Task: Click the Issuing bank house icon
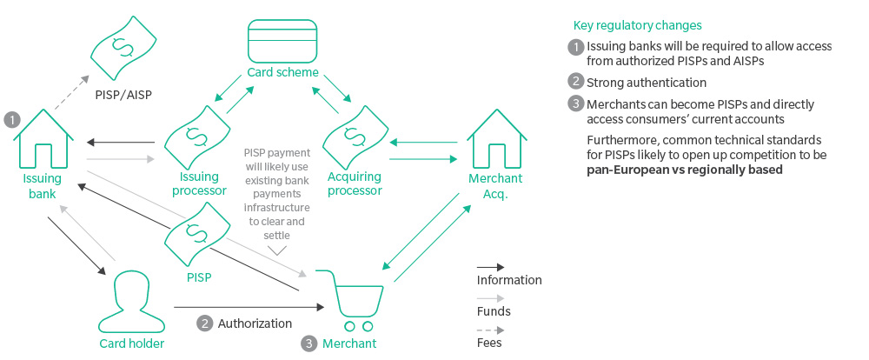point(41,139)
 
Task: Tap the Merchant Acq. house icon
point(497,138)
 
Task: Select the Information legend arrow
point(490,266)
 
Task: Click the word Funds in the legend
point(494,311)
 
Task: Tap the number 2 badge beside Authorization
point(205,323)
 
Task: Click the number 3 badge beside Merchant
point(310,343)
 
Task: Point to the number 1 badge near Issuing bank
point(11,118)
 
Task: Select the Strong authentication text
point(647,83)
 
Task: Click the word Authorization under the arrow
point(255,323)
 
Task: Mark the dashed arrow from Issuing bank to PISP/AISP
point(69,95)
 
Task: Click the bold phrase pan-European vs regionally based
point(685,170)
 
